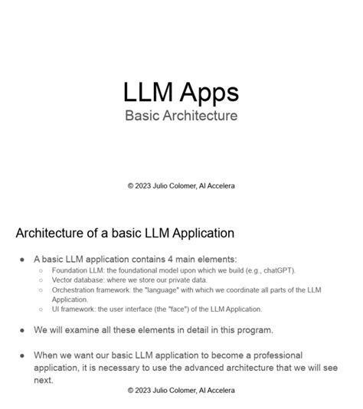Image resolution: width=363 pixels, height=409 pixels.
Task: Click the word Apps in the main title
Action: [209, 92]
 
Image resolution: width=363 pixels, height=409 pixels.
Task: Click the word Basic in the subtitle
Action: [142, 116]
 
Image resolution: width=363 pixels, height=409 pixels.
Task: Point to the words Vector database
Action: [80, 280]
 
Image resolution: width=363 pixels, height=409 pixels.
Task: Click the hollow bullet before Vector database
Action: [41, 281]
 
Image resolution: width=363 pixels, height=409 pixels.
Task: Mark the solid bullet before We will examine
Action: [23, 330]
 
